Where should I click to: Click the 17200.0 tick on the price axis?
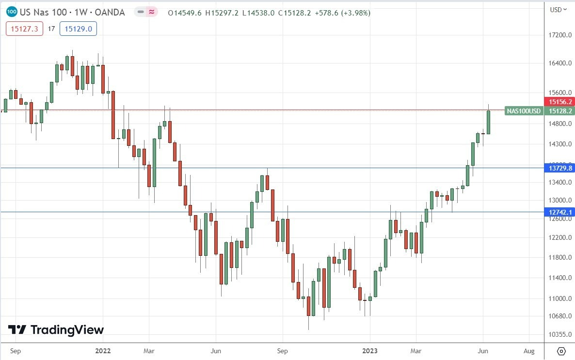[559, 35]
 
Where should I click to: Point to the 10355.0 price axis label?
[559, 335]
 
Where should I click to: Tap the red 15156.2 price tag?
[560, 102]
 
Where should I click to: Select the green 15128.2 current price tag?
[560, 111]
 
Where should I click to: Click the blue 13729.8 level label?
[560, 168]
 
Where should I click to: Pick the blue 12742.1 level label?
[560, 212]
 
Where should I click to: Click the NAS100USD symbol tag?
[524, 111]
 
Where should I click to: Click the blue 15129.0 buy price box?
[78, 29]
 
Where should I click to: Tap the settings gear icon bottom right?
[561, 351]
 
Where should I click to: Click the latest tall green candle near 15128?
[489, 122]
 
